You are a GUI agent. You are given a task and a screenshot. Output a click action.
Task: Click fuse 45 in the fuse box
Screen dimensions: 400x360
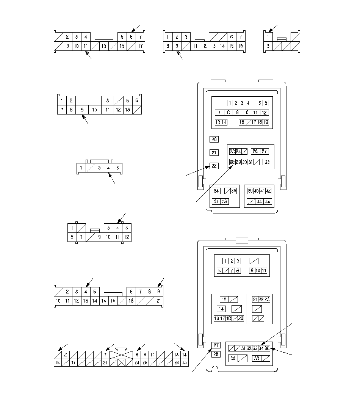(x=268, y=202)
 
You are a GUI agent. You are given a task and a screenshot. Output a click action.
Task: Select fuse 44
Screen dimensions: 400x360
(x=259, y=202)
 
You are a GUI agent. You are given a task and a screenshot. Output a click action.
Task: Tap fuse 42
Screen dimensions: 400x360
(x=268, y=191)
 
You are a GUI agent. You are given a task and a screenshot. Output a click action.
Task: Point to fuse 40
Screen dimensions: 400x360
(x=256, y=191)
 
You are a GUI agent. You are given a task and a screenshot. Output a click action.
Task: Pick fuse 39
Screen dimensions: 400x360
(x=250, y=191)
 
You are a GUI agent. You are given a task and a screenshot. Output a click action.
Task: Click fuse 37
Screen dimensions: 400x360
(x=216, y=201)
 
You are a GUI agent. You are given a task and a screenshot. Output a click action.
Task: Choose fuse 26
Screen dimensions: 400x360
(x=255, y=151)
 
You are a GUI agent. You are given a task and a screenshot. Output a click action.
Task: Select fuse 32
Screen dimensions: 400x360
(x=249, y=348)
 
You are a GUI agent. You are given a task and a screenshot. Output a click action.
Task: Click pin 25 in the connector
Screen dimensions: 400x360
(x=145, y=363)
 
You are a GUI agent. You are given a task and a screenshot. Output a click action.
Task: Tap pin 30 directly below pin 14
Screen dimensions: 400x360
(x=185, y=363)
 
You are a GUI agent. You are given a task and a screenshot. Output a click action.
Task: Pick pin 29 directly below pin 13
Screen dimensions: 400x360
(x=176, y=363)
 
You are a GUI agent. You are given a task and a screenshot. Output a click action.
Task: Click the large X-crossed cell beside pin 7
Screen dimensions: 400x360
(x=121, y=355)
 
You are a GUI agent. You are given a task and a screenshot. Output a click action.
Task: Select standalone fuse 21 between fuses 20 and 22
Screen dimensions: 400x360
(x=214, y=153)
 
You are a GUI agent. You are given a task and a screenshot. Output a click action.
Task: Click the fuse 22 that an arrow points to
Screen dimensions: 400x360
(x=214, y=166)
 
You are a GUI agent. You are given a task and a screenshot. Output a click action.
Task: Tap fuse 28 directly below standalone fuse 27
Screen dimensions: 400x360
(x=216, y=354)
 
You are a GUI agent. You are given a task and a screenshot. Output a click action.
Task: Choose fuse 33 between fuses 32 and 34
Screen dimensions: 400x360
(x=255, y=348)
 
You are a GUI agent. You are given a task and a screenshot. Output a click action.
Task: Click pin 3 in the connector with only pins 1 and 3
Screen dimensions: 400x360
(x=268, y=46)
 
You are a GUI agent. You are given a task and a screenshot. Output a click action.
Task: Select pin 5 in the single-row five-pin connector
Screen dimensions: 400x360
(x=117, y=168)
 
